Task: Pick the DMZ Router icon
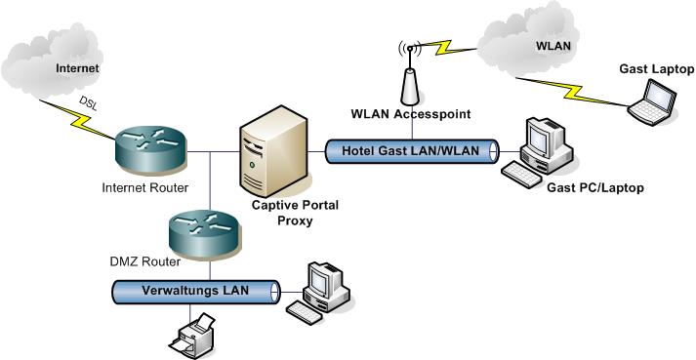[x=201, y=234]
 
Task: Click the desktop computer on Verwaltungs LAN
[x=319, y=292]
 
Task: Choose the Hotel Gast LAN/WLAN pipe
[x=411, y=151]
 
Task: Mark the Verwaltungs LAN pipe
[x=195, y=292]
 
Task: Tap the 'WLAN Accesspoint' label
[x=411, y=115]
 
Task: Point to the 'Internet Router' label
[x=143, y=185]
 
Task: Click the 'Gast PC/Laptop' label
[x=597, y=186]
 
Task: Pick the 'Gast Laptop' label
[x=656, y=69]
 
